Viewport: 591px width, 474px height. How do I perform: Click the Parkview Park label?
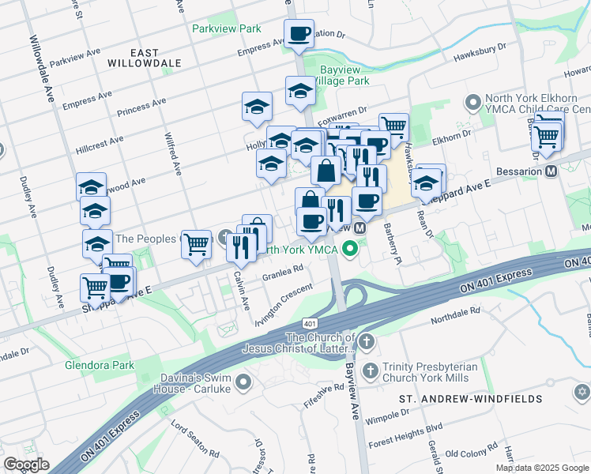tap(226, 28)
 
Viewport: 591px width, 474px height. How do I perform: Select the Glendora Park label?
tap(99, 365)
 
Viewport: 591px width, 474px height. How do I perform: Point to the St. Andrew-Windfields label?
tap(471, 399)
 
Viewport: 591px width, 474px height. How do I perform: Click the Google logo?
tap(26, 465)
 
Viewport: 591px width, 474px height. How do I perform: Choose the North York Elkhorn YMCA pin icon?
tap(473, 103)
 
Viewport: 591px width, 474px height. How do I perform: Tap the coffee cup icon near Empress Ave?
tap(299, 33)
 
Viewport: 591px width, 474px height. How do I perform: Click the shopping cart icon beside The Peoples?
tap(196, 244)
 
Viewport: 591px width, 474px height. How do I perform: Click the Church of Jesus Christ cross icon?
tap(365, 341)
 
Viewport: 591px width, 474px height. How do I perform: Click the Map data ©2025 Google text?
tap(541, 467)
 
